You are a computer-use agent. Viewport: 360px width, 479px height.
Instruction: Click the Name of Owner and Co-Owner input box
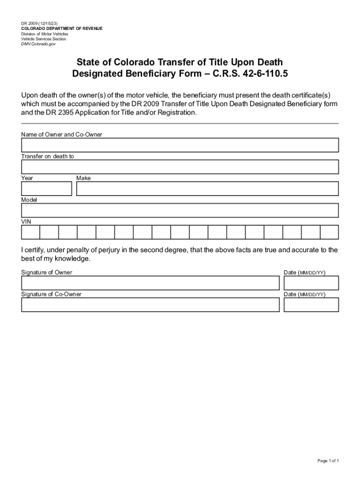pos(180,145)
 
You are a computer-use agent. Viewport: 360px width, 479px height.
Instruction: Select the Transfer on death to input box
pos(180,167)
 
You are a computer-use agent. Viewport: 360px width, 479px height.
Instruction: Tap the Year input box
pos(46,189)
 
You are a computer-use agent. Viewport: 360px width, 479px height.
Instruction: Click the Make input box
pos(208,189)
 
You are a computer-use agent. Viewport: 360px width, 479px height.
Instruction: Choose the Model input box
pos(180,210)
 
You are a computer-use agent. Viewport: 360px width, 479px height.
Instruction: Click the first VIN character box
pos(30,232)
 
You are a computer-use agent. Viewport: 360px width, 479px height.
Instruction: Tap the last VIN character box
pos(329,232)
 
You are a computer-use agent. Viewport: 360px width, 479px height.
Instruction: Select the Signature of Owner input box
pos(150,283)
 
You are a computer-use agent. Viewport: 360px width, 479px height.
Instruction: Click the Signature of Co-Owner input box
pos(150,305)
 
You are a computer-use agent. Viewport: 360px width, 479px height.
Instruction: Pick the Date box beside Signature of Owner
pos(311,283)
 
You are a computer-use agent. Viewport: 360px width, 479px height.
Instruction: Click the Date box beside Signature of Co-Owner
pos(311,305)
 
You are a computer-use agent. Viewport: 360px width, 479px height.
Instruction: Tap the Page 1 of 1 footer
pos(328,461)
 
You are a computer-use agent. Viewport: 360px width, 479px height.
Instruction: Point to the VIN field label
pos(26,221)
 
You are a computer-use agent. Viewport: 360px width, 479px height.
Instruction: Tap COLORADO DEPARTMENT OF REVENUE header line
pos(62,29)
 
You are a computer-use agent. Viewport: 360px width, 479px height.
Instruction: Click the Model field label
pos(29,200)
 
